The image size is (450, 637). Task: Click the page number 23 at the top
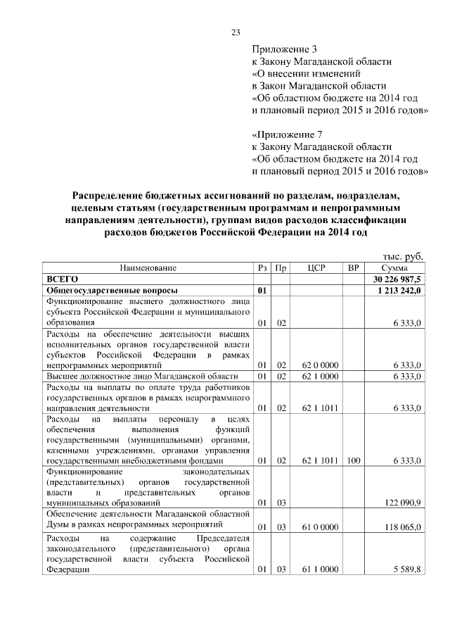pyautogui.click(x=236, y=32)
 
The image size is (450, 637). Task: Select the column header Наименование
pyautogui.click(x=148, y=268)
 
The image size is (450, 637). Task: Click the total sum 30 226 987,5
pyautogui.click(x=393, y=279)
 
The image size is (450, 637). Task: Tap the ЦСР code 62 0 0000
pyautogui.click(x=320, y=365)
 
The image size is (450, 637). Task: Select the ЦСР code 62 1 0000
pyautogui.click(x=320, y=377)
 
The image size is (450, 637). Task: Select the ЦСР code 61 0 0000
pyautogui.click(x=320, y=526)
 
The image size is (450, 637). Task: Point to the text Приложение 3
pyautogui.click(x=285, y=49)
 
